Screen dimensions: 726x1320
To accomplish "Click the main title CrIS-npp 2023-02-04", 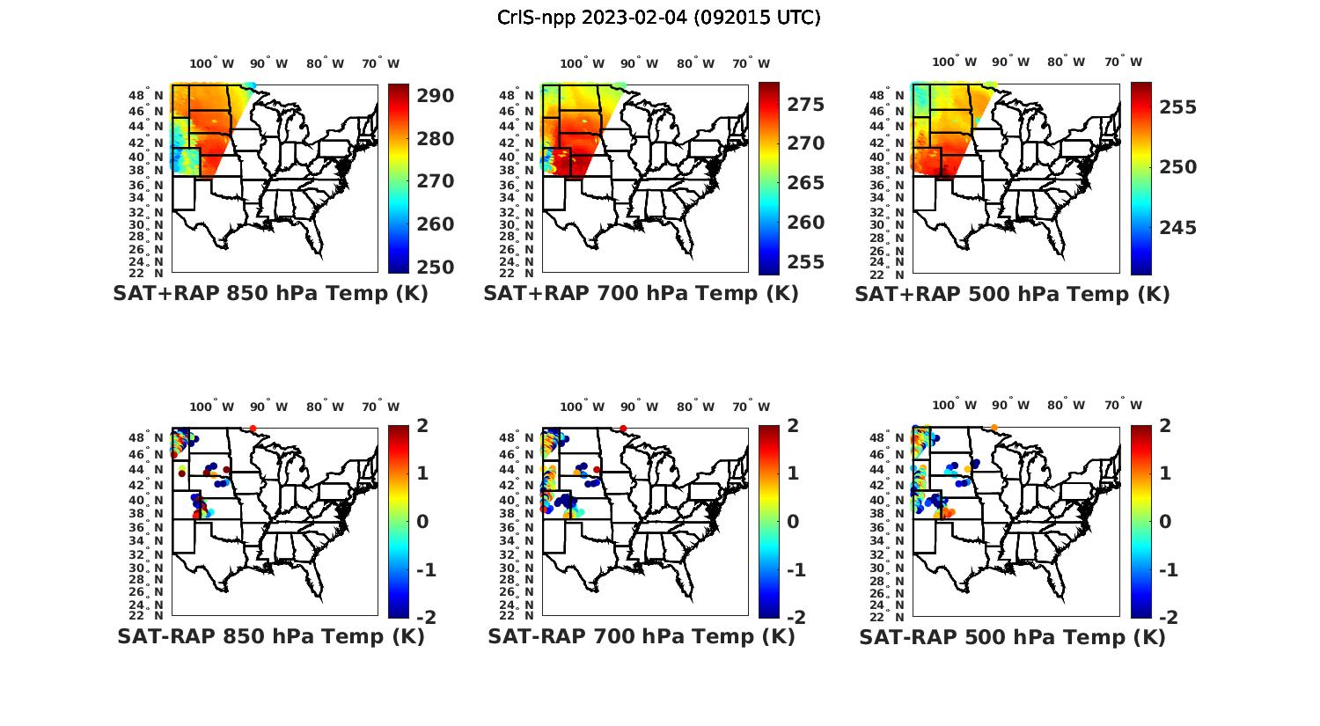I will pos(658,17).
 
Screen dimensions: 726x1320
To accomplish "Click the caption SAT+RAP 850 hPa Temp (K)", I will pos(270,293).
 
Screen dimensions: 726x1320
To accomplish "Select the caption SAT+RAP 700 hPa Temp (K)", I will pos(641,293).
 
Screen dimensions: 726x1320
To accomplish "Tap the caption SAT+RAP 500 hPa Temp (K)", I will pos(1012,294).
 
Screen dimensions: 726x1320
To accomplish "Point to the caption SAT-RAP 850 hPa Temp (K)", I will pos(270,636).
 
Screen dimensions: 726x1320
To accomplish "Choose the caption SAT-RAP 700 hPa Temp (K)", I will pos(641,636).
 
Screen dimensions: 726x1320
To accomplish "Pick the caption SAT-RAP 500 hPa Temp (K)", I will pos(1012,637).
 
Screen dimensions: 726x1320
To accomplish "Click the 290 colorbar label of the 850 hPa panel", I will pos(435,96).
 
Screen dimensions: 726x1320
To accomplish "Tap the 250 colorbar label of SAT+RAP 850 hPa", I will pos(435,268).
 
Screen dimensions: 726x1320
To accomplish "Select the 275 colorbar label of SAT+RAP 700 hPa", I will pos(805,105).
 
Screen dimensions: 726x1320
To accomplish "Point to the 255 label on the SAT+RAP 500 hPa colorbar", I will pos(1177,107).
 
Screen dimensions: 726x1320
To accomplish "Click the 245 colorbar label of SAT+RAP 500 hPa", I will pos(1177,229).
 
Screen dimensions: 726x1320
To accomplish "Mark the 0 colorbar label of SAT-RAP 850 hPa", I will pos(422,521).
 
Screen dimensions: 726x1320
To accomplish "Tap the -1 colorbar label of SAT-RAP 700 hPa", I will pos(796,570).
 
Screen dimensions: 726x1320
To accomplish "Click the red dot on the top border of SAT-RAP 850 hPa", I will pos(253,429).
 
